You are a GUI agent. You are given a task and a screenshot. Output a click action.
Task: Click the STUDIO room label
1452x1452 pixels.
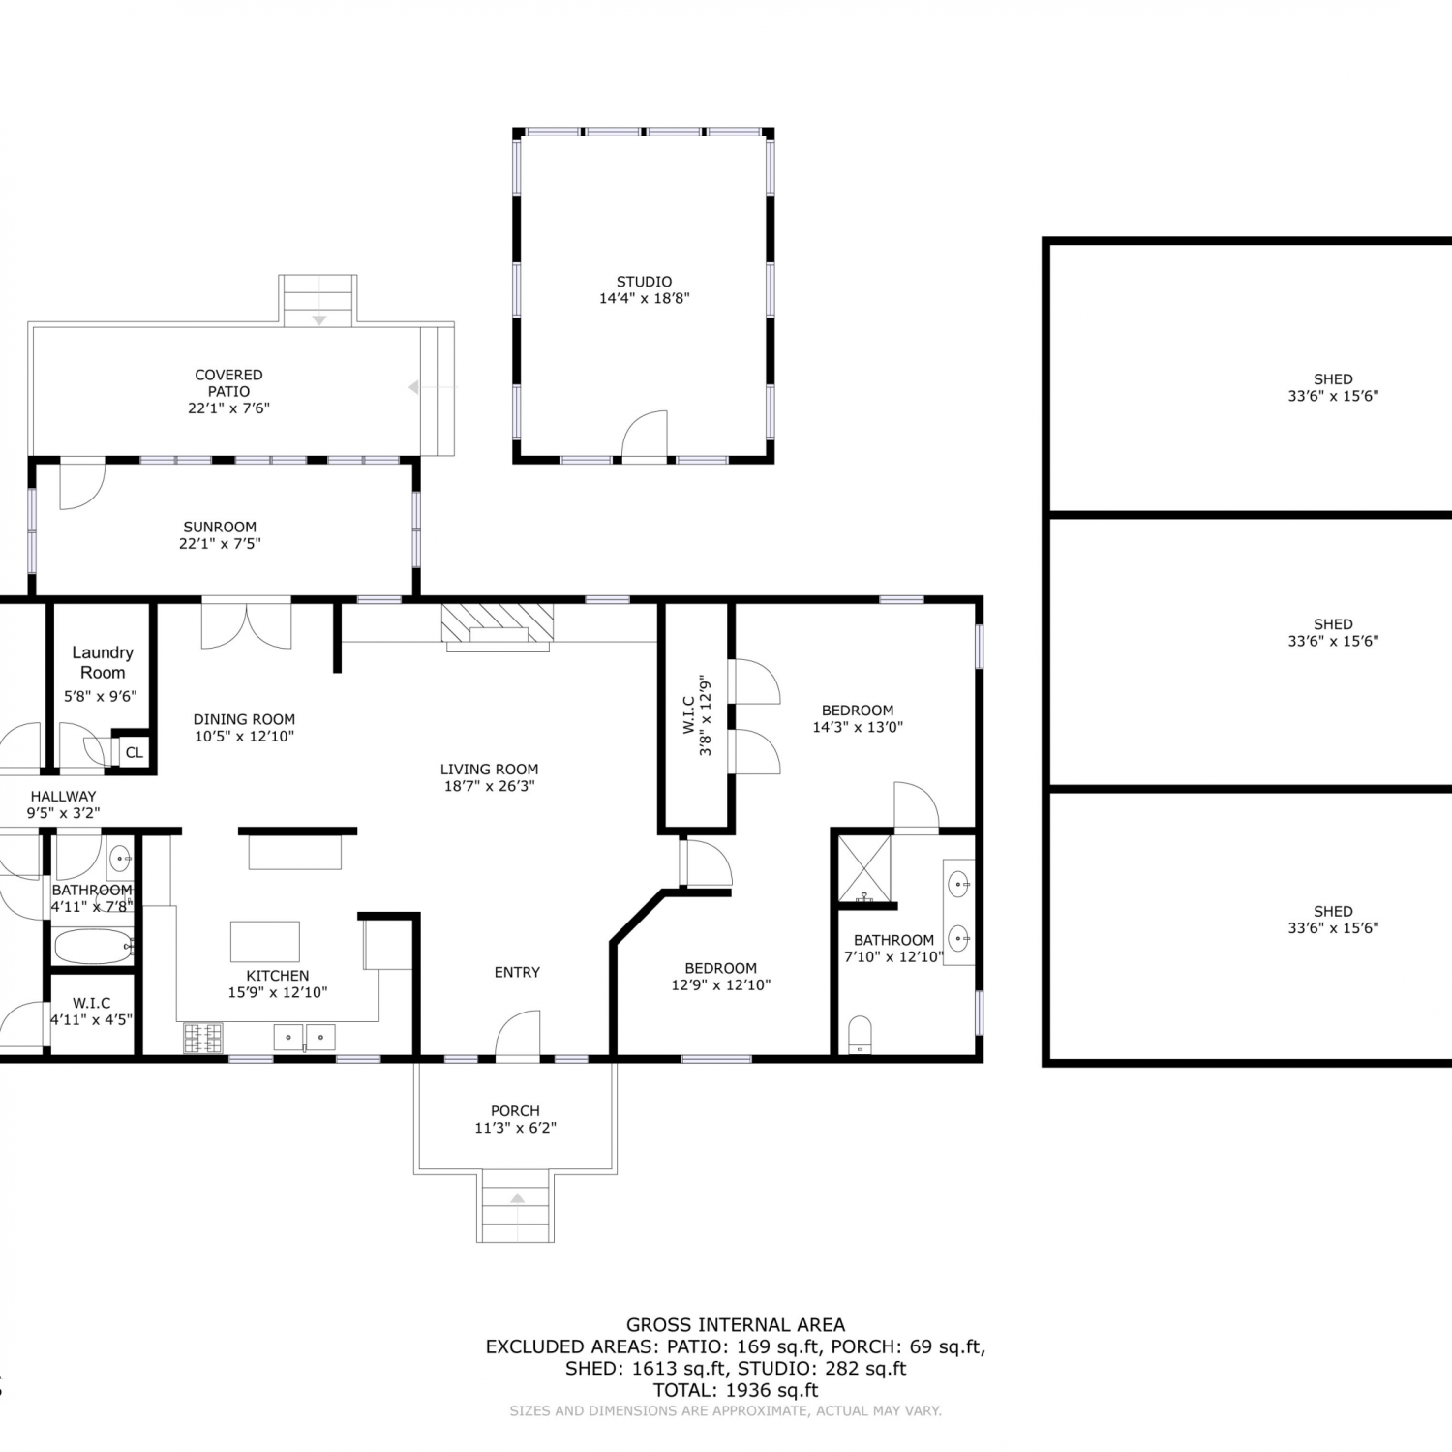tap(644, 282)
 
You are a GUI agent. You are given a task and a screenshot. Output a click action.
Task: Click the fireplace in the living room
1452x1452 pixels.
tap(498, 622)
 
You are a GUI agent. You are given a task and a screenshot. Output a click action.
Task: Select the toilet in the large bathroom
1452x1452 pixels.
tap(860, 1035)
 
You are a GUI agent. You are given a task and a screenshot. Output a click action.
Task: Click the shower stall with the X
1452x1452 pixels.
tap(864, 868)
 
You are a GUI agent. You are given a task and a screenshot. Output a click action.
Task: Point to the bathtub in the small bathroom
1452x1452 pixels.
tap(93, 946)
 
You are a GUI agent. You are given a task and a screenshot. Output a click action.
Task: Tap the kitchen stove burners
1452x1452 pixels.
tap(202, 1038)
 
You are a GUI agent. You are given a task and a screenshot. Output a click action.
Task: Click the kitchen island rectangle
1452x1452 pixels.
tap(264, 941)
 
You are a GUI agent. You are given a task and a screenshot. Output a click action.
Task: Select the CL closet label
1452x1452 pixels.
tap(135, 752)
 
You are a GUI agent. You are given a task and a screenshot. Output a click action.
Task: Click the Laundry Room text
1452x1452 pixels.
tap(103, 662)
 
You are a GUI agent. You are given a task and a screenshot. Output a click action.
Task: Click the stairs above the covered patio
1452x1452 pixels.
tap(318, 300)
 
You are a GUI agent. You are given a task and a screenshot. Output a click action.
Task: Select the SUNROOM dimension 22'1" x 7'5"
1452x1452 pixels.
tap(220, 543)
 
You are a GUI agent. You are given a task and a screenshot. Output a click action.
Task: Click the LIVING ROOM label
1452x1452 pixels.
tap(489, 770)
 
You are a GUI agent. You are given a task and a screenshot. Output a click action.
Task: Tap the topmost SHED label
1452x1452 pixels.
tap(1333, 379)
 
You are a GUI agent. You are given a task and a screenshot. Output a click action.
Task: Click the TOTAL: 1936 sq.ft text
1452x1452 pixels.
tap(736, 1390)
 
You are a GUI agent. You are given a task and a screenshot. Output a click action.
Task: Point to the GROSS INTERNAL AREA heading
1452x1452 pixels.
tap(736, 1324)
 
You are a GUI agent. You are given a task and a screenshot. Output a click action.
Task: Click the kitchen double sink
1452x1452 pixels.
tap(305, 1038)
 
